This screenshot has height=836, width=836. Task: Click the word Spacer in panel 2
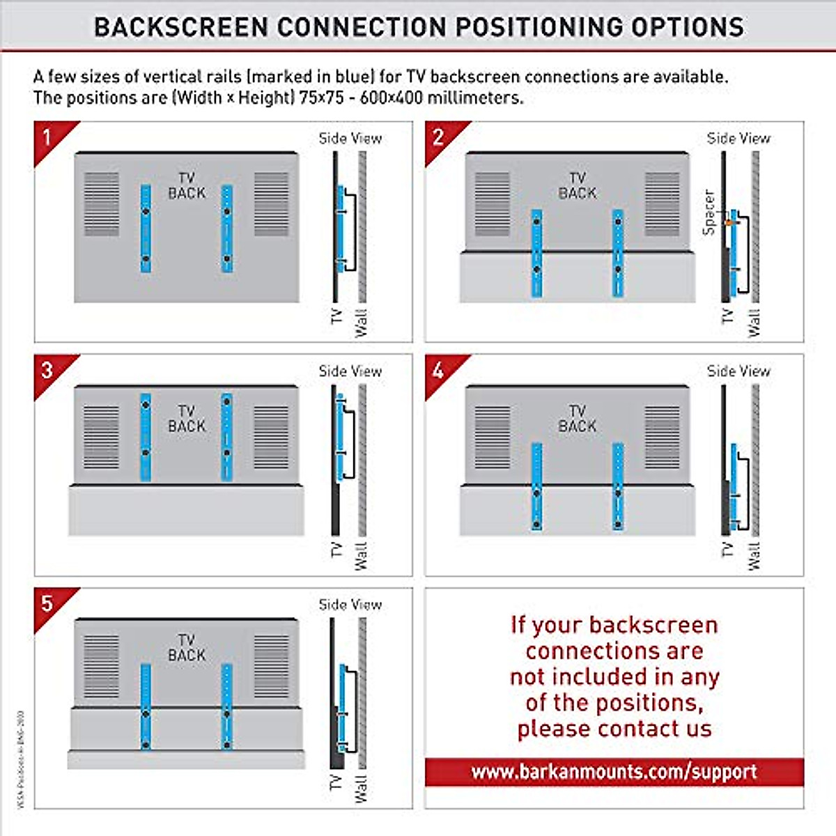[x=709, y=212]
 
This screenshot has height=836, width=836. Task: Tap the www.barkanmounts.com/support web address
[x=614, y=772]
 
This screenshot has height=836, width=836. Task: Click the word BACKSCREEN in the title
[x=181, y=27]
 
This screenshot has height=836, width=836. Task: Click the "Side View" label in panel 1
[x=350, y=138]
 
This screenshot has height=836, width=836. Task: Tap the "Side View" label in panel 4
[x=738, y=371]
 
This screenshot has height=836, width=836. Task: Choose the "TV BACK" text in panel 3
[x=187, y=419]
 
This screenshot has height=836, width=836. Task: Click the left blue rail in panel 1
[x=146, y=229]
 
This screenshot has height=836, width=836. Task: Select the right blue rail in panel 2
[x=618, y=253]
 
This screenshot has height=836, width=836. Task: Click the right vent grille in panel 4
[x=662, y=438]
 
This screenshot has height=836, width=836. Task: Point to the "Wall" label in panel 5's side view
[x=361, y=788]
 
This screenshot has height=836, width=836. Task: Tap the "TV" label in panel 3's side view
[x=336, y=550]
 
